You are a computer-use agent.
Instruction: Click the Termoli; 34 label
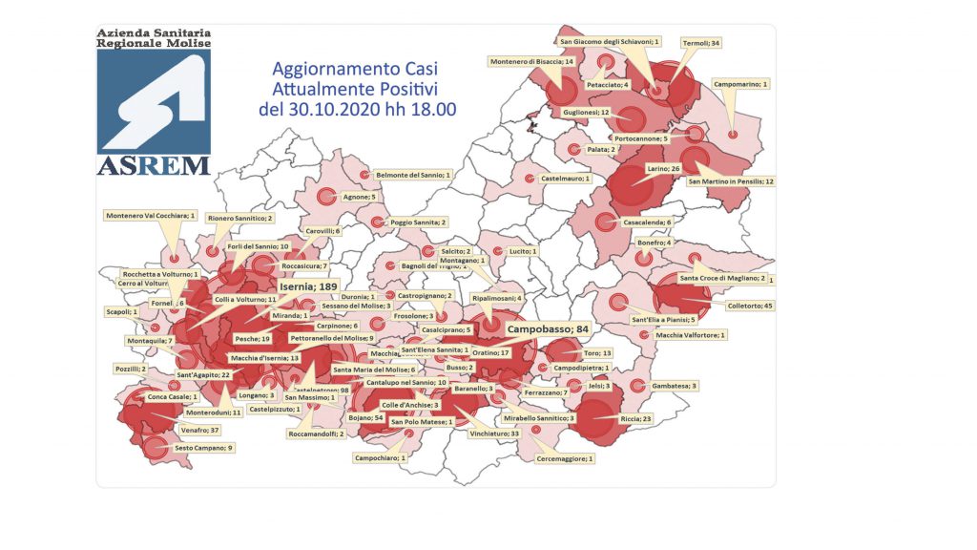click(701, 43)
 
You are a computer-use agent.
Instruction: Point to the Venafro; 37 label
click(200, 431)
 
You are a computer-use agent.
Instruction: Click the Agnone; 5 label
click(359, 197)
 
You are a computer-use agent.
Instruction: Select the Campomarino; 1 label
click(739, 84)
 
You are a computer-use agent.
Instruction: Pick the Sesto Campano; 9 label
click(203, 447)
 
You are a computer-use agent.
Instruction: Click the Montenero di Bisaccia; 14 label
click(532, 61)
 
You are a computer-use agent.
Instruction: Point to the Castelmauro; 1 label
click(566, 179)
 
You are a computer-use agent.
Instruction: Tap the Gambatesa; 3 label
click(675, 386)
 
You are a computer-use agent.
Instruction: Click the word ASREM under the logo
click(154, 165)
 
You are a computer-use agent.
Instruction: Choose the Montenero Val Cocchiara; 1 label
click(151, 216)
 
